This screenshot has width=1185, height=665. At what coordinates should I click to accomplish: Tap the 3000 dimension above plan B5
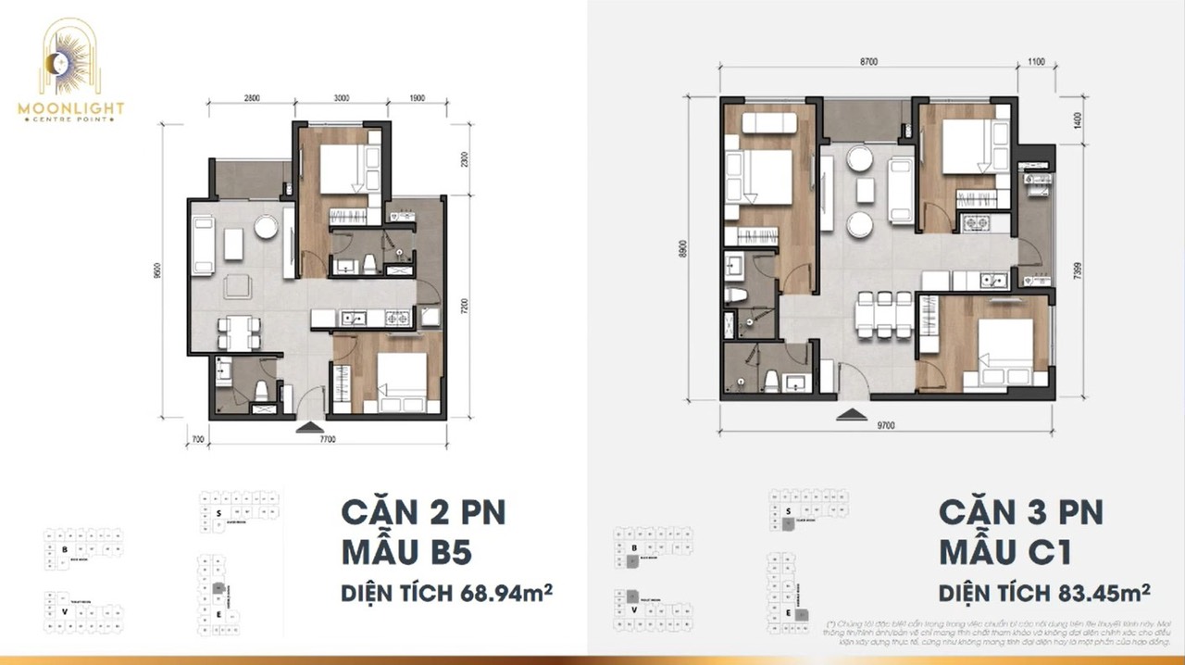pyautogui.click(x=342, y=97)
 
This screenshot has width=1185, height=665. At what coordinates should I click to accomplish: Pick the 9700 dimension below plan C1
pyautogui.click(x=887, y=425)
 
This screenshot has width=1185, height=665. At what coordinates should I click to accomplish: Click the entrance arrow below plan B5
pyautogui.click(x=306, y=426)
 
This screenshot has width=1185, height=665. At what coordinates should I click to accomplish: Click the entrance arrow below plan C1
pyautogui.click(x=847, y=416)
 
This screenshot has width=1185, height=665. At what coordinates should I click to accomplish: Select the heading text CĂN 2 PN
pyautogui.click(x=422, y=513)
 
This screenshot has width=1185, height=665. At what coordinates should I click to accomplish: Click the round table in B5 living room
pyautogui.click(x=268, y=227)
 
